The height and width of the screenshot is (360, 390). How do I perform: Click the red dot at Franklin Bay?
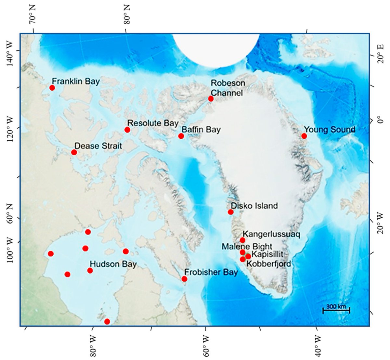[x=52, y=88]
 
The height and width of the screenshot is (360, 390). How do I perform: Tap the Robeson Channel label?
[x=227, y=88]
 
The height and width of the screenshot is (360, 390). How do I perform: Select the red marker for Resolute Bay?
[x=127, y=130]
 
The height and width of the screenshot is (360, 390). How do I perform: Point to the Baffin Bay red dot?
[x=181, y=136]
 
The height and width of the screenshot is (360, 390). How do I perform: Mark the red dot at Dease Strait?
[x=74, y=152]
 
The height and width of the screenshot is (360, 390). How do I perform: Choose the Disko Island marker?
[x=230, y=212]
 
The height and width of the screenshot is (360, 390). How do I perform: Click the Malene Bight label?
[x=247, y=247]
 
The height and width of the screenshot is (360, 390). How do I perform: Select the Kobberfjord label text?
[x=269, y=264]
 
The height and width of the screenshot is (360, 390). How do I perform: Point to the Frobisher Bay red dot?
[x=184, y=279]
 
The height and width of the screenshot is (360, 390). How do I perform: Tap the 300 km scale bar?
[x=336, y=309]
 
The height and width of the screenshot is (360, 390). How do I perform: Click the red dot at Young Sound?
[x=304, y=136]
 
